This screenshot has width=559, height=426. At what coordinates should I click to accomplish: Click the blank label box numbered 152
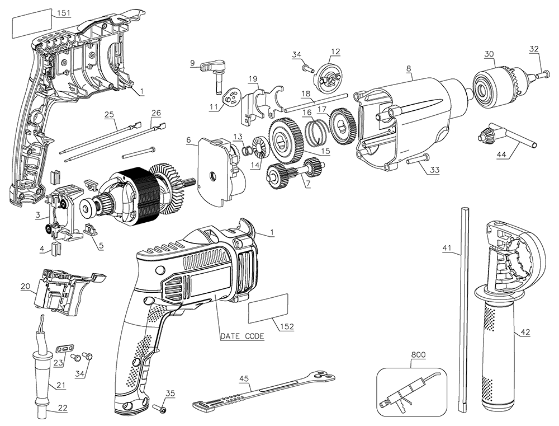point(269,308)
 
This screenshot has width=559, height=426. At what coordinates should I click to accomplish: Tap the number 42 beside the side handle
point(525,333)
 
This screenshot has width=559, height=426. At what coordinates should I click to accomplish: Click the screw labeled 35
point(161,411)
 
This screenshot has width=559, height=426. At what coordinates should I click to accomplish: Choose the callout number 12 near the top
point(335,52)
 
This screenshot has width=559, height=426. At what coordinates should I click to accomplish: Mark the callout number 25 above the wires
point(109,114)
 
